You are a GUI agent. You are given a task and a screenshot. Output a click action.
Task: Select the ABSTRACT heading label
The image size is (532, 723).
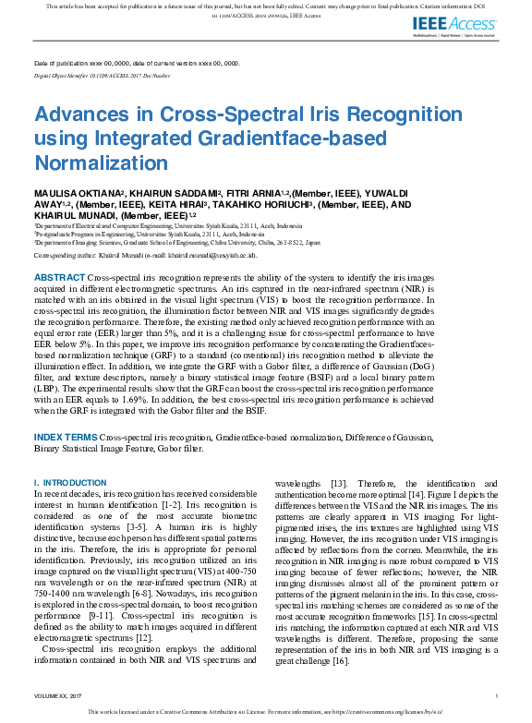(x=60, y=277)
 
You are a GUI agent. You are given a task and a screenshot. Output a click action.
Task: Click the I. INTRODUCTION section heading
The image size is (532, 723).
(x=70, y=483)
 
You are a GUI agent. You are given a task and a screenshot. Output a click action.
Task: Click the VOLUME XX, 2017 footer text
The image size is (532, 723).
(x=58, y=695)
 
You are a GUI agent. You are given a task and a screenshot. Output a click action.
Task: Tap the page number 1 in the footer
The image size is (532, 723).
(x=496, y=695)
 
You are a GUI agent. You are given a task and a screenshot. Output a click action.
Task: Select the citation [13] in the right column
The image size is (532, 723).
(x=339, y=484)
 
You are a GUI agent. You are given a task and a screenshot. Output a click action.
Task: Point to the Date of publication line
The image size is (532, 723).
(x=137, y=64)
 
